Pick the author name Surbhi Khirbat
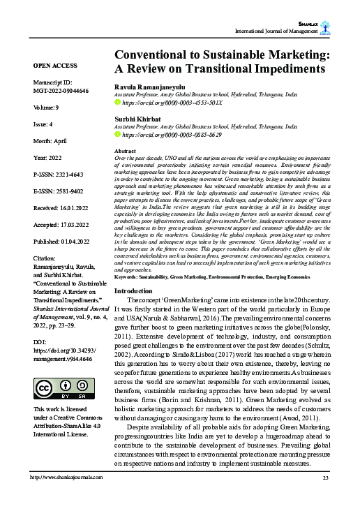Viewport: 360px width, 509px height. (137, 119)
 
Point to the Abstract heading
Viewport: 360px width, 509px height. (124, 151)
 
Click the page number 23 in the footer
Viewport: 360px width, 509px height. (324, 496)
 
